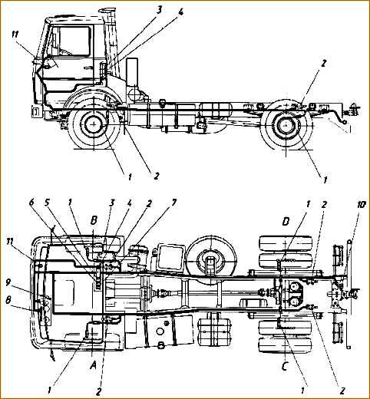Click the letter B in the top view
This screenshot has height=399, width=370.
click(94, 221)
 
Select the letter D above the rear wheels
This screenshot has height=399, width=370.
click(286, 222)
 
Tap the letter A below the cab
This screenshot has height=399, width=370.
click(93, 366)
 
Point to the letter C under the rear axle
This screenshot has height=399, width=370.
click(285, 367)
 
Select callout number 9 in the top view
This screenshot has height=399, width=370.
click(8, 282)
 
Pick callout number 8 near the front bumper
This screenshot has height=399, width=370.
click(8, 300)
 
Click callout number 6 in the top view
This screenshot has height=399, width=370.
click(31, 203)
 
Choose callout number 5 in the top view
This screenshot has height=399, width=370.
click(47, 203)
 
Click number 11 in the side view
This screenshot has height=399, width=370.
click(15, 35)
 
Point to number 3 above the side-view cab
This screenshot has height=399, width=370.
click(159, 10)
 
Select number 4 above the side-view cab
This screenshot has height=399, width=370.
click(180, 13)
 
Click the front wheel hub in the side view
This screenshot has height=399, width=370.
click(94, 124)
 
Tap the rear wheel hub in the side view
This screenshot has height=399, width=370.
click(286, 126)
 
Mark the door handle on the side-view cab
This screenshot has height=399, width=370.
click(88, 68)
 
